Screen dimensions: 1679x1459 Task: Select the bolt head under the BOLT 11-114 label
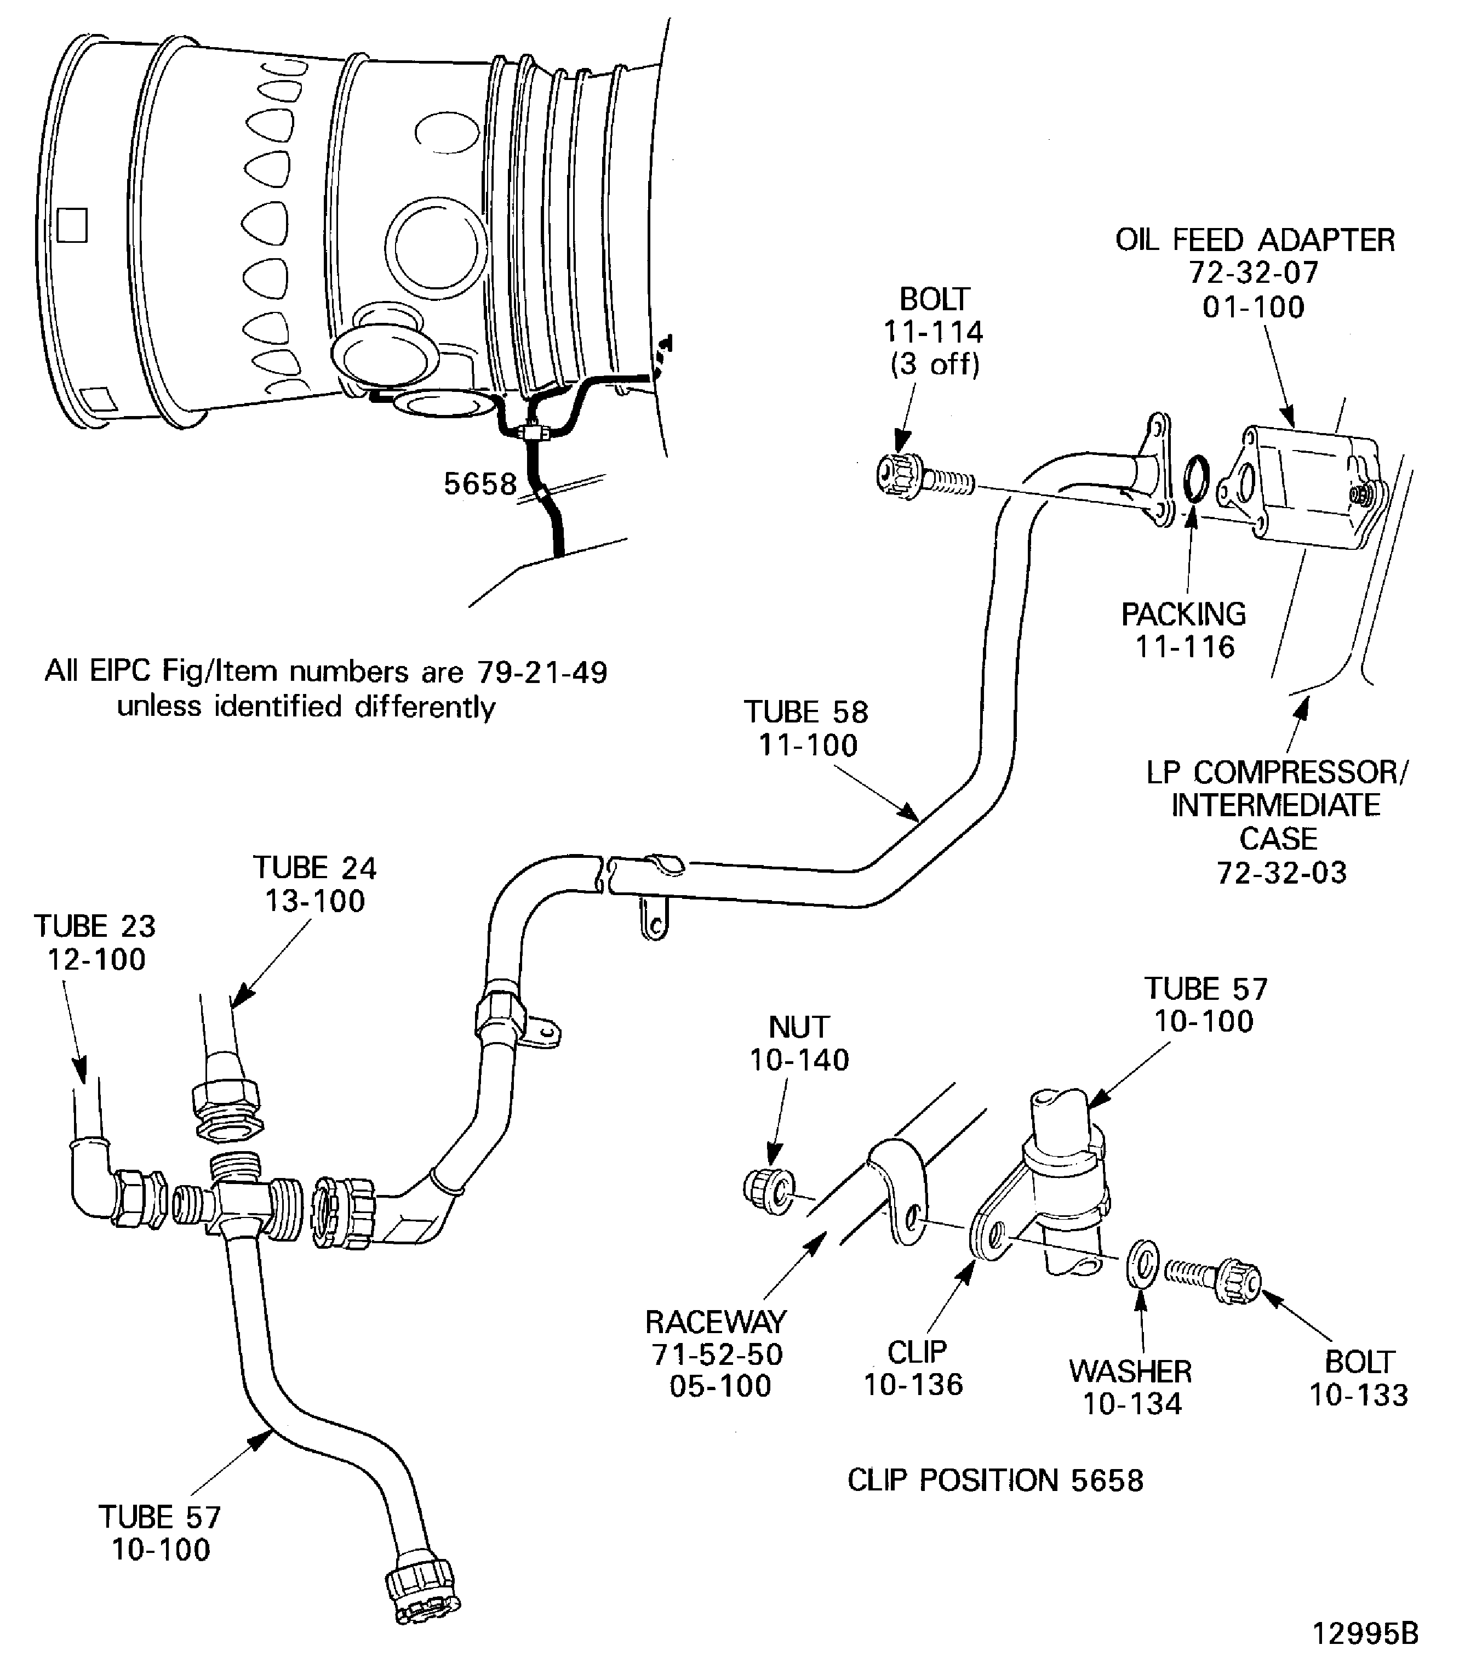coord(899,475)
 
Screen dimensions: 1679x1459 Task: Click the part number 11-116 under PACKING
coord(1185,647)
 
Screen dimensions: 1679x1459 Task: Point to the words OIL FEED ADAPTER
coord(1255,240)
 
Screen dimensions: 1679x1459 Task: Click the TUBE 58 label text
coord(805,712)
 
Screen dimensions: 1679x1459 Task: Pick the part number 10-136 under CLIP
coord(913,1384)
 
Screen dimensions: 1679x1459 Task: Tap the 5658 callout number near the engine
coord(479,484)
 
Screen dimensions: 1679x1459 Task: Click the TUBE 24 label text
coord(315,868)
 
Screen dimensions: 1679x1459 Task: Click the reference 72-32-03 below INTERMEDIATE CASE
coord(1281,873)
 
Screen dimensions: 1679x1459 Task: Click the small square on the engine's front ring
coord(72,226)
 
